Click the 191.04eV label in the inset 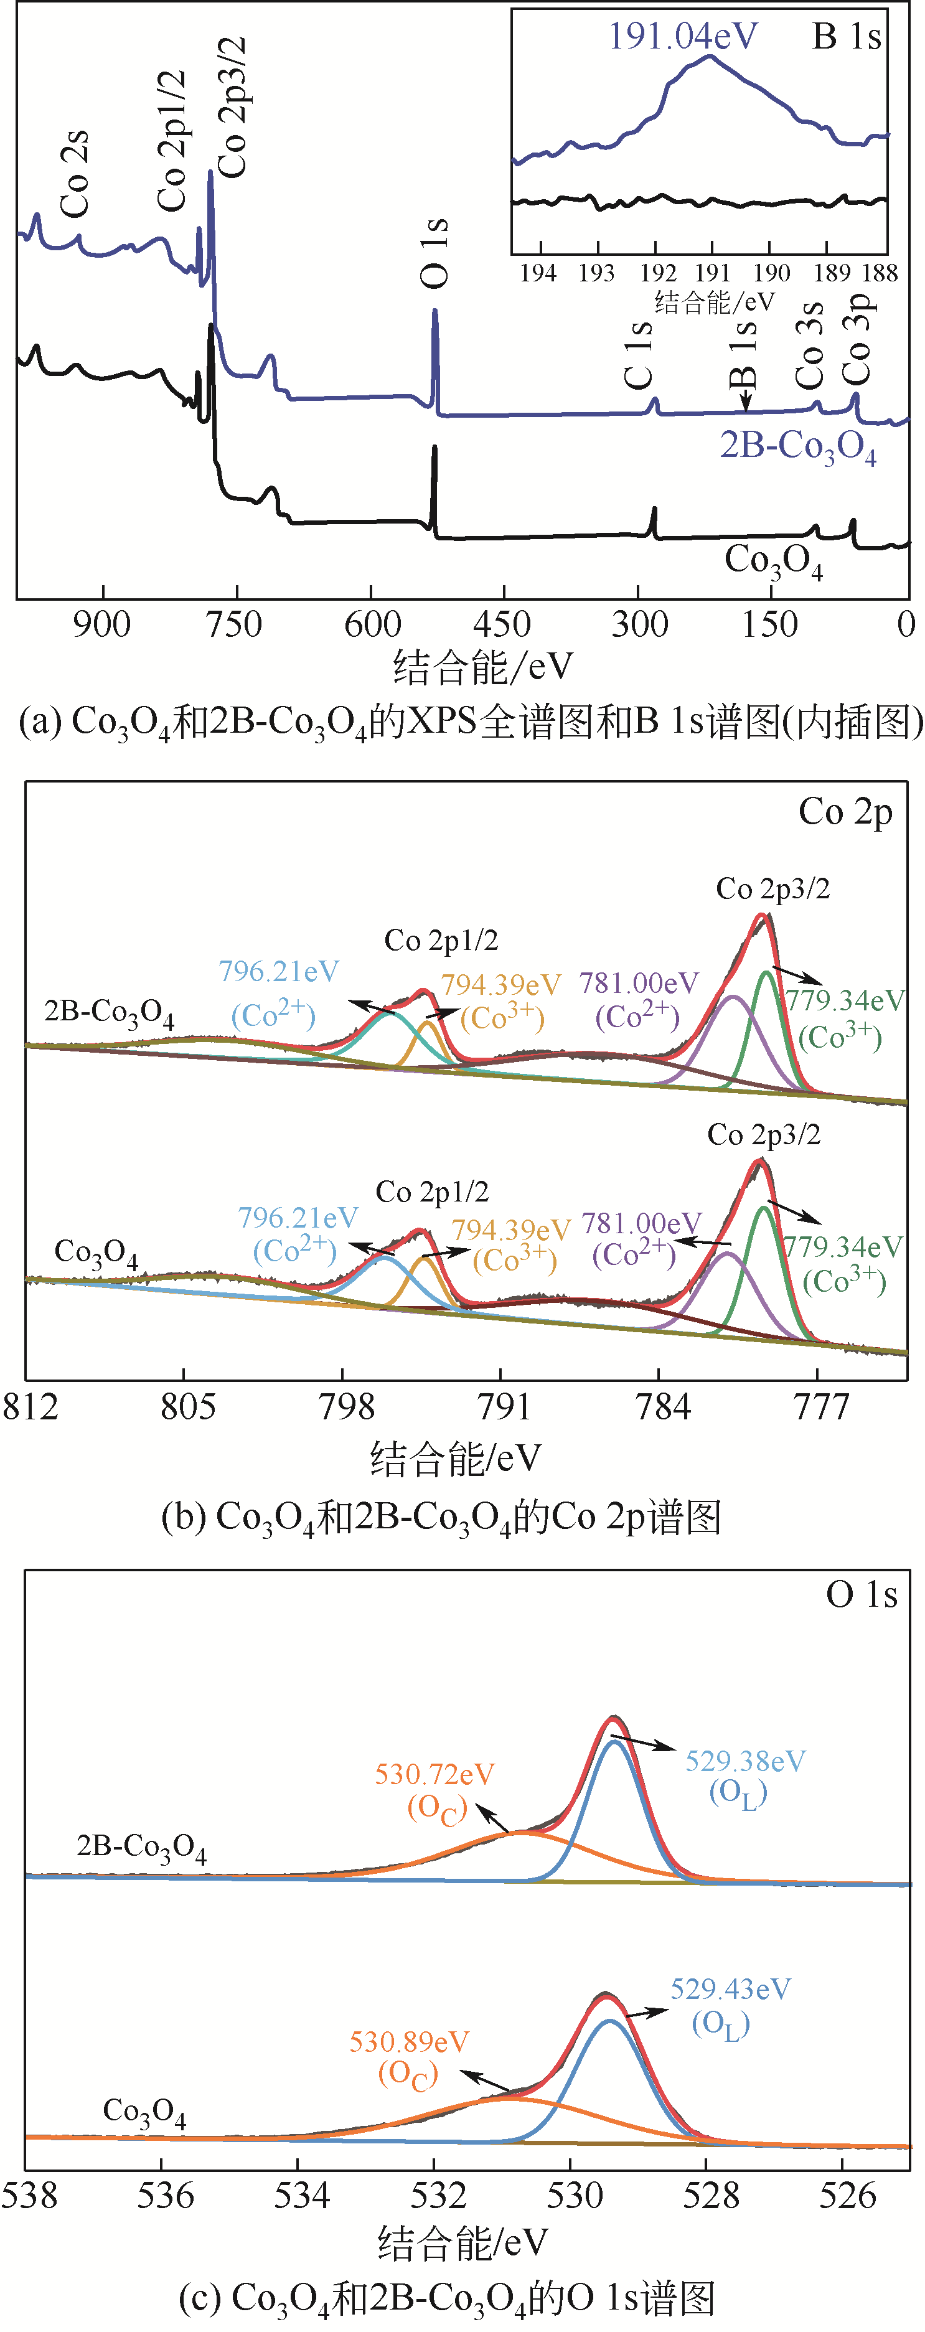click(x=682, y=36)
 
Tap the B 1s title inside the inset click(x=847, y=36)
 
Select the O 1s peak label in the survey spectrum click(x=434, y=253)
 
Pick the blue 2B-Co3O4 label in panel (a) click(x=797, y=446)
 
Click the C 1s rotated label click(x=639, y=354)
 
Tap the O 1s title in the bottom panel click(x=861, y=1594)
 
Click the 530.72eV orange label click(x=435, y=1774)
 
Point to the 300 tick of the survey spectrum click(x=640, y=624)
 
